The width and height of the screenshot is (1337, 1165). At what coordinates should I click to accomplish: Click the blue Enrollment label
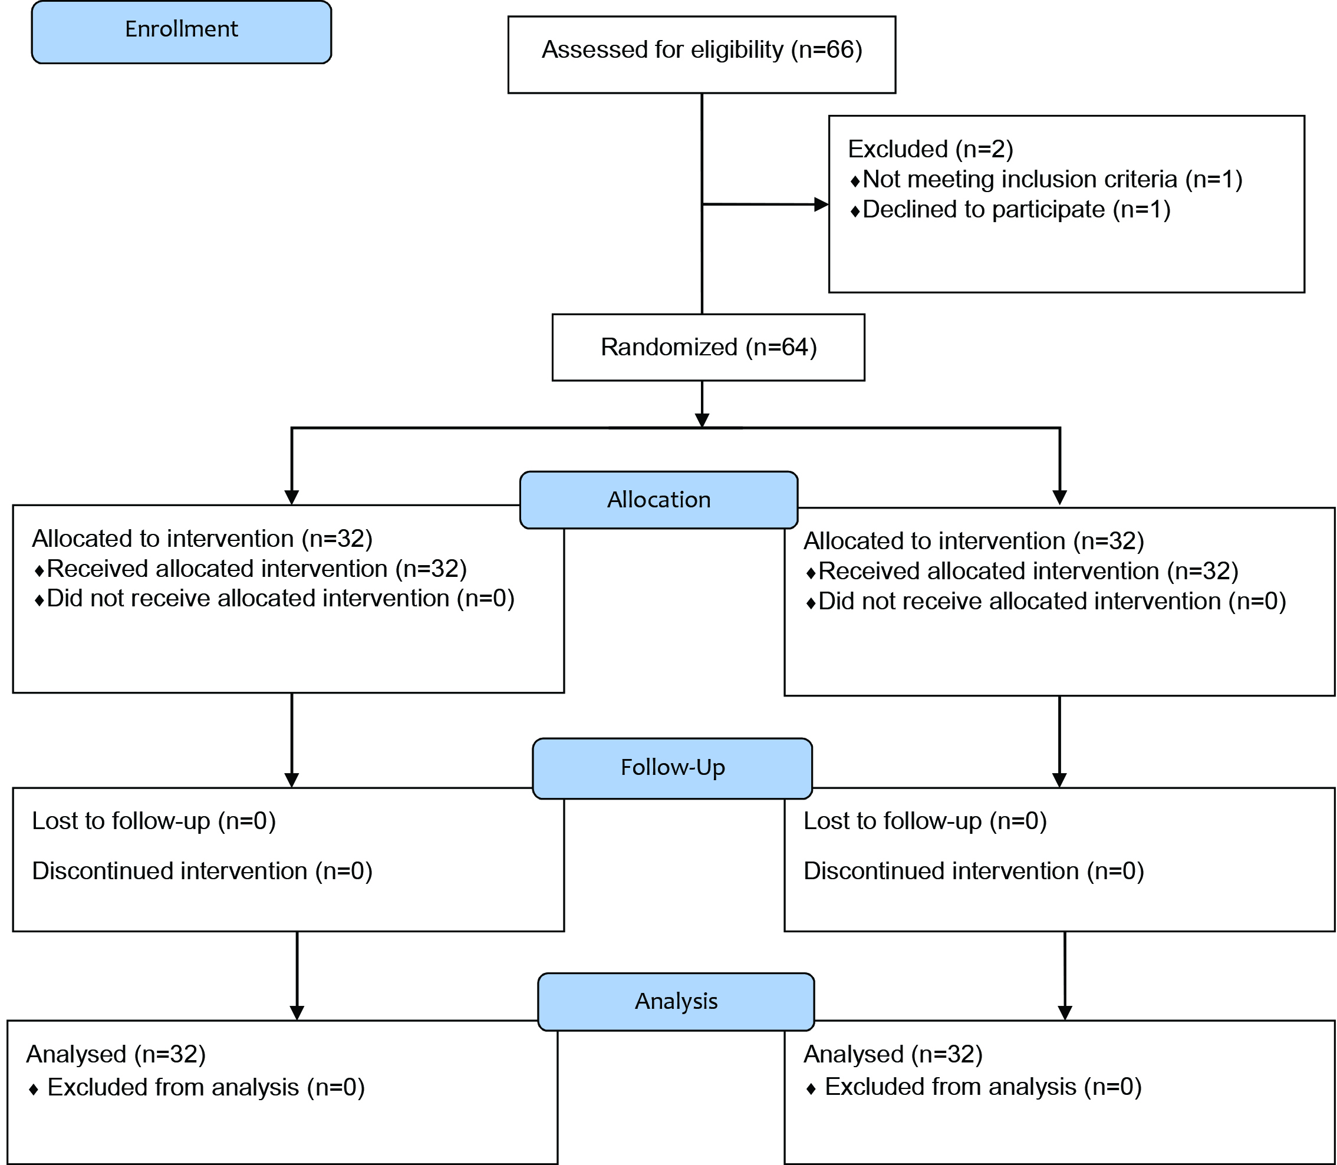pyautogui.click(x=182, y=32)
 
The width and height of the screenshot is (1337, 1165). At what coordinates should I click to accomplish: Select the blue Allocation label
pyautogui.click(x=658, y=500)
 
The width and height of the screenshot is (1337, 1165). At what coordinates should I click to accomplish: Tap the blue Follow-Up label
pyautogui.click(x=673, y=768)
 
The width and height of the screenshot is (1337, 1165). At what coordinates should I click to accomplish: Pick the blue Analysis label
pyautogui.click(x=676, y=1002)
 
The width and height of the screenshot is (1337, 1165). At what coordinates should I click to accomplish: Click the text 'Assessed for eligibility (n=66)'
pyautogui.click(x=702, y=50)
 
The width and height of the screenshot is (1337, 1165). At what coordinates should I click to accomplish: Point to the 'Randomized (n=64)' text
pyautogui.click(x=709, y=347)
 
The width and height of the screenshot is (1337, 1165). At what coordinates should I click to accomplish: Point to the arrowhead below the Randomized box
pyautogui.click(x=702, y=420)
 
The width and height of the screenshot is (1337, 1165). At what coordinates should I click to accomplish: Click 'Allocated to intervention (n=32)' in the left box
pyautogui.click(x=202, y=539)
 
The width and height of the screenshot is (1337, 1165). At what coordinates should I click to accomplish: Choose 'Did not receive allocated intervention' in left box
pyautogui.click(x=248, y=599)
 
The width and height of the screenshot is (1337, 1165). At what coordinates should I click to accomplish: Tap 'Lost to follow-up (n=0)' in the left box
pyautogui.click(x=154, y=821)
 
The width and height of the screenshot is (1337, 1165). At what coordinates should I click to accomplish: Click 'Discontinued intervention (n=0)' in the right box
pyautogui.click(x=973, y=871)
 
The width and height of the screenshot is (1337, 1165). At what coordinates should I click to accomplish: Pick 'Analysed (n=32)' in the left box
pyautogui.click(x=116, y=1054)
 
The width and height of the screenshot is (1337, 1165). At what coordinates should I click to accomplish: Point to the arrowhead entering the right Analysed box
pyautogui.click(x=1065, y=1013)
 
